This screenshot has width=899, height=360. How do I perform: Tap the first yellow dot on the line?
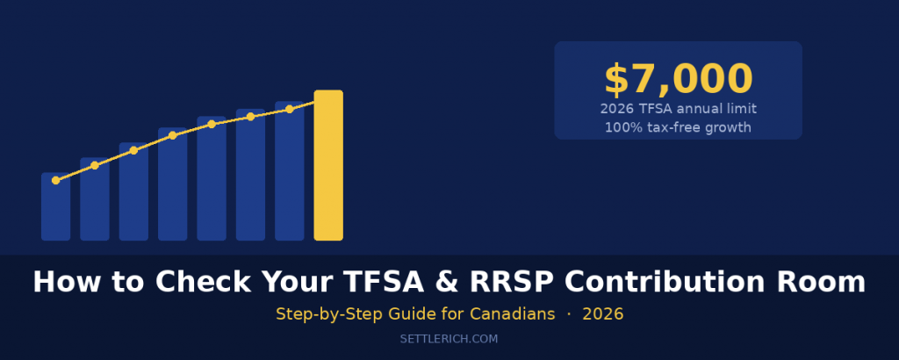pyautogui.click(x=55, y=180)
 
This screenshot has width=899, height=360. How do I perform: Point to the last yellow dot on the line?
pyautogui.click(x=289, y=109)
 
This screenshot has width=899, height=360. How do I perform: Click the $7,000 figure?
pyautogui.click(x=678, y=79)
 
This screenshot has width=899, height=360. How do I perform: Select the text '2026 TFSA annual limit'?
pyautogui.click(x=678, y=109)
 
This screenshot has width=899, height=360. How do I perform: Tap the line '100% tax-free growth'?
pyautogui.click(x=678, y=127)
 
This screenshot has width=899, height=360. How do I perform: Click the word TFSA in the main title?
pyautogui.click(x=394, y=282)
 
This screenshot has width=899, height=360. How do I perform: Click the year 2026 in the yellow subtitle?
pyautogui.click(x=602, y=313)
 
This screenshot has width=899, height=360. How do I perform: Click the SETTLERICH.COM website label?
pyautogui.click(x=449, y=337)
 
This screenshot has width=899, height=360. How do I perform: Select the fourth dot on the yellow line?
pyautogui.click(x=173, y=135)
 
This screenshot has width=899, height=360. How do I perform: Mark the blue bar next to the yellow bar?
pyautogui.click(x=289, y=171)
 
